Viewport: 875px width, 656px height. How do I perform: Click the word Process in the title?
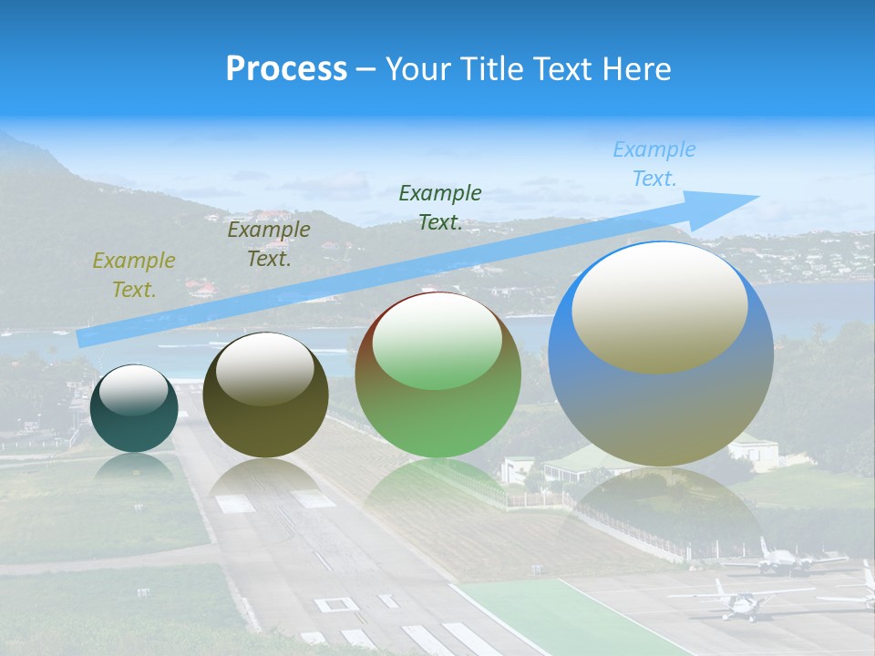pyautogui.click(x=286, y=68)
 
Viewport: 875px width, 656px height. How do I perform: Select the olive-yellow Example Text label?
pyautogui.click(x=133, y=274)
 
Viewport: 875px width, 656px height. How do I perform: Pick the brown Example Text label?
pyautogui.click(x=268, y=243)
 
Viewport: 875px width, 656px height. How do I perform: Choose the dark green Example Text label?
pyautogui.click(x=439, y=207)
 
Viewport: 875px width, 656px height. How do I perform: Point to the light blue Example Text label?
pyautogui.click(x=654, y=164)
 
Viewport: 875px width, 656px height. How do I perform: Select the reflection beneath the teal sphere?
pyautogui.click(x=134, y=467)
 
